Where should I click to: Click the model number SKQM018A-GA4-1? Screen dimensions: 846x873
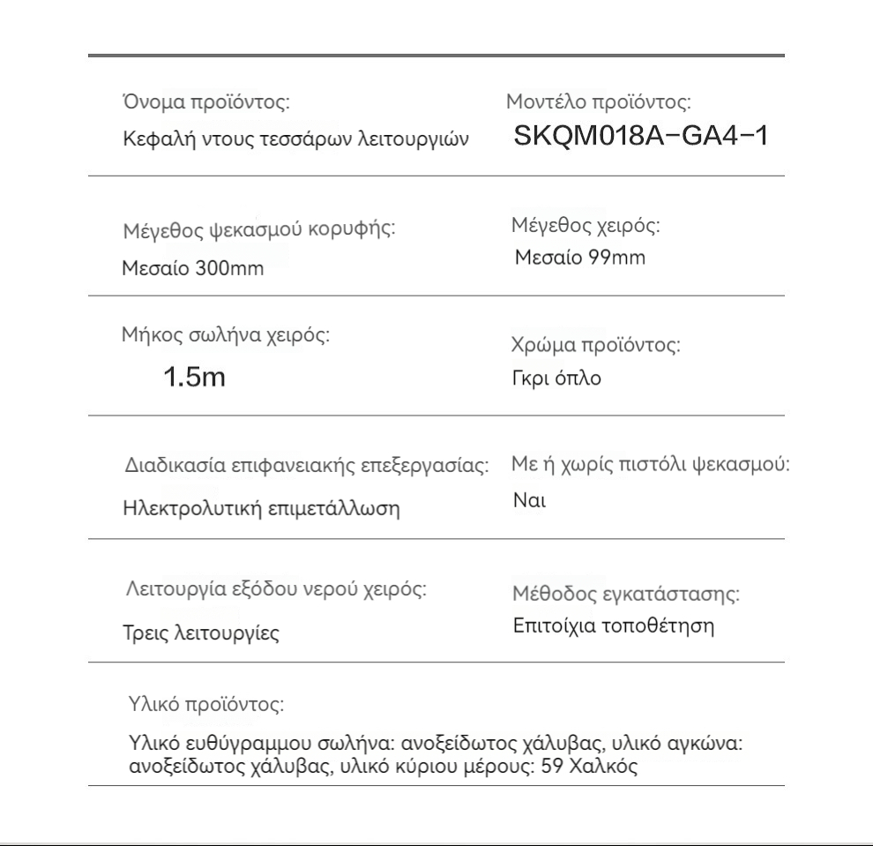tap(641, 137)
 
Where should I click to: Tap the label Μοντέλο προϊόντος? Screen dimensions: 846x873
tap(597, 101)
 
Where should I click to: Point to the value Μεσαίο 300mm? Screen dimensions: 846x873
tap(192, 268)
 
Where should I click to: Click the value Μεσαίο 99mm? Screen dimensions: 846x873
tap(580, 258)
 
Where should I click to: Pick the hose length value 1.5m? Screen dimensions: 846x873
tap(195, 378)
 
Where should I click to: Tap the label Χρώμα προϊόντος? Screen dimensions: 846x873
tap(595, 345)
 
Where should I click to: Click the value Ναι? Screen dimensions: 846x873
tap(530, 501)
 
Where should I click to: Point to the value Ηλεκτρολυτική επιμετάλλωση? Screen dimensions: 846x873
tap(260, 509)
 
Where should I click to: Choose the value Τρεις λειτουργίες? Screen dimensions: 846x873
tap(200, 633)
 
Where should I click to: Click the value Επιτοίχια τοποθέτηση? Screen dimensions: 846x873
tap(613, 626)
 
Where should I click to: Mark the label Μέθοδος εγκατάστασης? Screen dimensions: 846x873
tap(626, 594)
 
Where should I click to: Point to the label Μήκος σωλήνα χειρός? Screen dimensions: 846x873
tap(226, 335)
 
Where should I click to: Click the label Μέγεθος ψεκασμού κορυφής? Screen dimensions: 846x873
tap(258, 230)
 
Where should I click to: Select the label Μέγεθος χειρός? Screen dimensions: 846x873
tap(586, 225)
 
